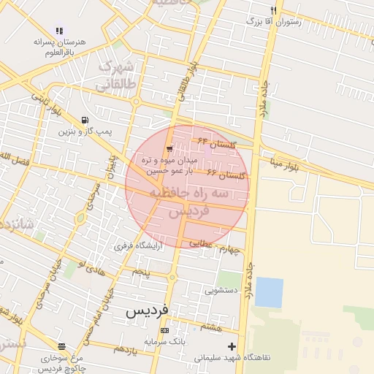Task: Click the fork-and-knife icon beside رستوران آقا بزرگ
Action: pyautogui.click(x=273, y=11)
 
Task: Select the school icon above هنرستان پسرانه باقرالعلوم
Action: pyautogui.click(x=59, y=31)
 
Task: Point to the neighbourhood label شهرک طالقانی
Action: pyautogui.click(x=117, y=75)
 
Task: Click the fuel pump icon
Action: pyautogui.click(x=86, y=121)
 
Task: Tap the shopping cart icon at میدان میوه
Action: pyautogui.click(x=169, y=148)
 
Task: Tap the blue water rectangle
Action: pyautogui.click(x=269, y=292)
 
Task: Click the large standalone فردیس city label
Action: pyautogui.click(x=147, y=310)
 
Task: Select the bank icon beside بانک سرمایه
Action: pyautogui.click(x=164, y=331)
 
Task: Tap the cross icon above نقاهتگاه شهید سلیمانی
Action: pyautogui.click(x=232, y=346)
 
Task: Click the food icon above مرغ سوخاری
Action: pyautogui.click(x=61, y=347)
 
